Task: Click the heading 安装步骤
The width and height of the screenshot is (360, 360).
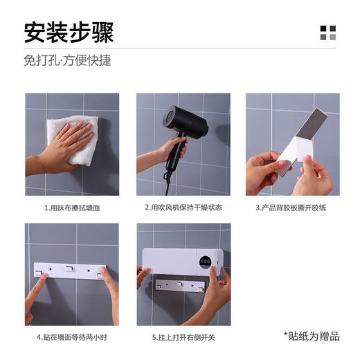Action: pos(69,32)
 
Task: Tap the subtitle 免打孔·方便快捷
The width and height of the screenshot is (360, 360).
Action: pos(67,60)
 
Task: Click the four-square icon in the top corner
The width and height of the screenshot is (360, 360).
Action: pos(327,33)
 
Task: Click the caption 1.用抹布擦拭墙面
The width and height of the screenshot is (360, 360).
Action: pos(71,207)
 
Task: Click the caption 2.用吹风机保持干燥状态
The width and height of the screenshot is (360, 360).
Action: pos(183,207)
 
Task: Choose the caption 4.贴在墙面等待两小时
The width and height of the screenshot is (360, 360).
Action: pos(71,337)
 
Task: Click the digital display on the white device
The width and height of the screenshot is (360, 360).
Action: pos(206,262)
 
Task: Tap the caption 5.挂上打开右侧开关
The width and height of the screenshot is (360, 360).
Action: pos(183,337)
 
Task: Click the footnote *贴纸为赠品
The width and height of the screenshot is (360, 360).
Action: pos(312,336)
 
